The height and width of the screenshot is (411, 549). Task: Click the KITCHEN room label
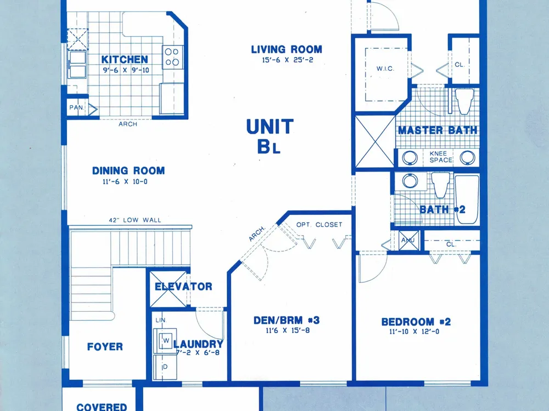point(125,59)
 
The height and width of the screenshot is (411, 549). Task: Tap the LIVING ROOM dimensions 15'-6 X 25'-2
point(288,60)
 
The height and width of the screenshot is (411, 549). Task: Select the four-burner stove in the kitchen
point(172,57)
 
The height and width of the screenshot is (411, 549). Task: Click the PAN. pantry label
point(76,107)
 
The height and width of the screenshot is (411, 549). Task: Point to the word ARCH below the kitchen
point(128,124)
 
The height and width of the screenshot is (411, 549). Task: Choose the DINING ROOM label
point(128,170)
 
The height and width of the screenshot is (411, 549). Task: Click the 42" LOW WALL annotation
point(135,220)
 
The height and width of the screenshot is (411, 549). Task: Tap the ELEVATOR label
point(183,287)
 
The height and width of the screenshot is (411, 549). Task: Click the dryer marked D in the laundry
point(165,367)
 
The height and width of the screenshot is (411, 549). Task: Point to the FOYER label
point(105,347)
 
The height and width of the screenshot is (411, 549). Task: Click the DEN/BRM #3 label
point(287,320)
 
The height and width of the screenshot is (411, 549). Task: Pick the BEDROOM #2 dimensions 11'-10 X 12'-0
point(414,332)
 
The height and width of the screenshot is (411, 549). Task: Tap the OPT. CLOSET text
point(320,225)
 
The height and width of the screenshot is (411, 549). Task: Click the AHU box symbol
point(408,241)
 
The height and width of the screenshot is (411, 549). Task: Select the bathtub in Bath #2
point(467,199)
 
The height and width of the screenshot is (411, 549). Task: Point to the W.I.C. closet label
point(385,68)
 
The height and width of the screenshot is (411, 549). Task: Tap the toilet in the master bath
point(464,101)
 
